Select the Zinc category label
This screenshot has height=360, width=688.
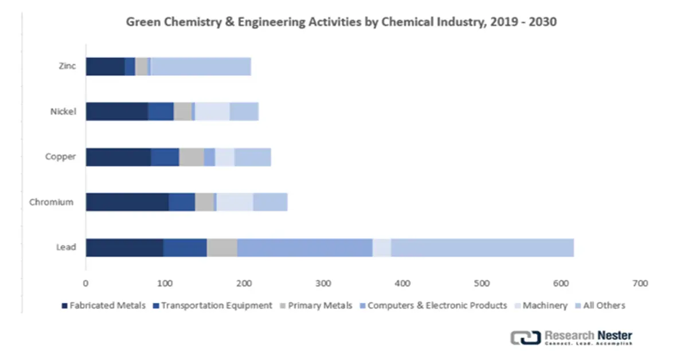pos(67,66)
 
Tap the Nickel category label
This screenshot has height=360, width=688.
pos(64,112)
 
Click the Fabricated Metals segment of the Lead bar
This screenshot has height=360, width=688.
pos(124,247)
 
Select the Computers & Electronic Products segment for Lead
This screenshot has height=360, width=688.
pos(304,247)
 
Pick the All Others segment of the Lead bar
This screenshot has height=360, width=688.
pos(482,247)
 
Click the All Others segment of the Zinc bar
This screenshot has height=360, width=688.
pos(201,66)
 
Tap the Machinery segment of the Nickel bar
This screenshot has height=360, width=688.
pos(212,112)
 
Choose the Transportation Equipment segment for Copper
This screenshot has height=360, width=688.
pos(165,157)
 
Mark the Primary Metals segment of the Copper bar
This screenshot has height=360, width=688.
pos(191,157)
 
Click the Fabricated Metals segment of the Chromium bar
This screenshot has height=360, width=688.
pos(127,202)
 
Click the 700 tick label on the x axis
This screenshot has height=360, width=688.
pos(640,283)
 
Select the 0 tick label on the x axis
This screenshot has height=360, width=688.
pos(85,283)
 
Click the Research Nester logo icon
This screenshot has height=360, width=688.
pos(523,338)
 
